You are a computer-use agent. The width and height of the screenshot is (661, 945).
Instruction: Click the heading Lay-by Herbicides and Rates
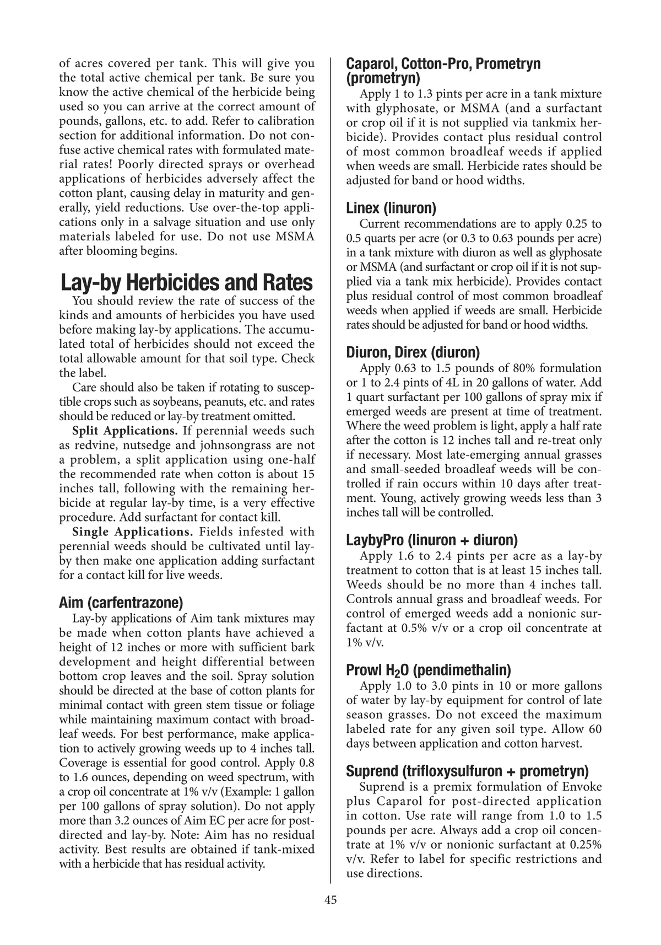coord(186,283)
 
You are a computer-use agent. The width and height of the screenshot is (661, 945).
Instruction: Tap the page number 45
coord(330,900)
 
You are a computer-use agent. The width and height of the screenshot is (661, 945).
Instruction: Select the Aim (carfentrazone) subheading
coord(121,603)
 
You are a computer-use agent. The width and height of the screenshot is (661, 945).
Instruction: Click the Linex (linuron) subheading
coord(391,208)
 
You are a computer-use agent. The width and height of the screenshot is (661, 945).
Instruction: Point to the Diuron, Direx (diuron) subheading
coord(413,352)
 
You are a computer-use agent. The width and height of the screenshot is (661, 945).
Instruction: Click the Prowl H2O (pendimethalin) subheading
coord(429,670)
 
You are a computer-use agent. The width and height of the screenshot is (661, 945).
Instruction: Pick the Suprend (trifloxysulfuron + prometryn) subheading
coord(467,770)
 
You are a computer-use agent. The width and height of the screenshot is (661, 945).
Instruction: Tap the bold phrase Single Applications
coord(132,532)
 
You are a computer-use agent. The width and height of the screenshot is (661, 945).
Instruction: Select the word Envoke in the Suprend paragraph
coord(583,787)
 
